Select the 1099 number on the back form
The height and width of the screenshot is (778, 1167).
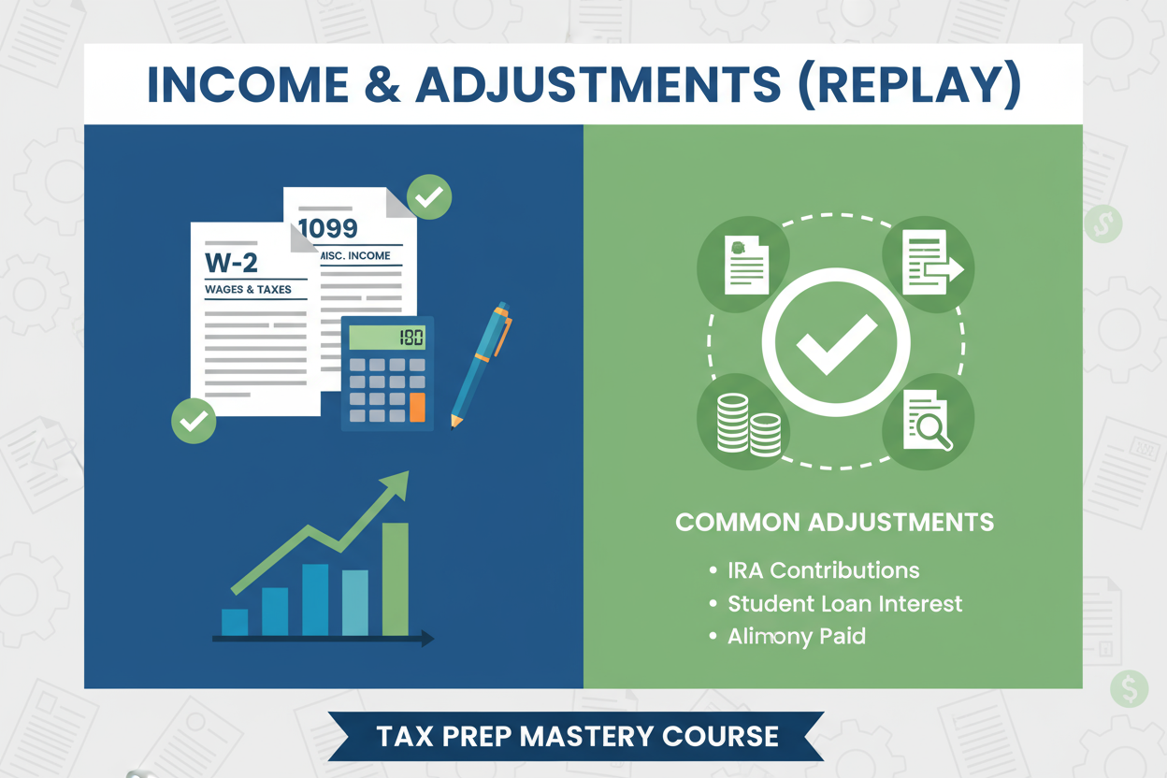click(328, 228)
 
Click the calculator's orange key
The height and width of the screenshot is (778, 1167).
click(417, 408)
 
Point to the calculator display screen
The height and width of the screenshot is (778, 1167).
click(387, 338)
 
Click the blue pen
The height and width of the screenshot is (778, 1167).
click(481, 365)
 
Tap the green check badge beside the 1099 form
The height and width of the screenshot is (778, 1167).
click(429, 196)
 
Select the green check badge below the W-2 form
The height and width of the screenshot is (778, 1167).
click(194, 421)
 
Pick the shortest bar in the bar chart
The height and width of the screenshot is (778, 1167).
click(235, 622)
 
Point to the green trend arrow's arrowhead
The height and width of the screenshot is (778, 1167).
click(396, 484)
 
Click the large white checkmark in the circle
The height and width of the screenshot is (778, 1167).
click(836, 343)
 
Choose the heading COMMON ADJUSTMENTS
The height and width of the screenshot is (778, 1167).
click(834, 522)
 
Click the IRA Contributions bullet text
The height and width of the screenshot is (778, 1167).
click(823, 570)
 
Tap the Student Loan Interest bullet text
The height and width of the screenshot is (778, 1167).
click(844, 603)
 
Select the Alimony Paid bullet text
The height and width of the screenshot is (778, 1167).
click(796, 637)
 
